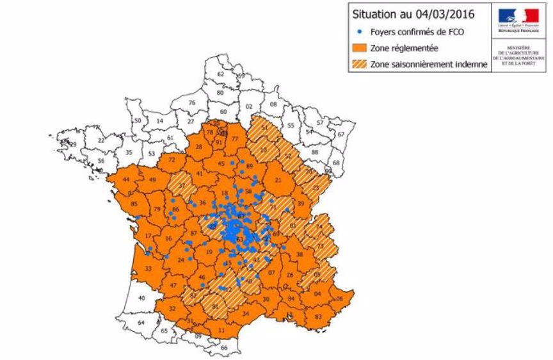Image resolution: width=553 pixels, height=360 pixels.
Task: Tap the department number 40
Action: click(141, 298)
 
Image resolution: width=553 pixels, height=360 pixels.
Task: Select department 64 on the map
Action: click(141, 323)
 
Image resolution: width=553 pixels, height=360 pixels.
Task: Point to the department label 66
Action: click(223, 347)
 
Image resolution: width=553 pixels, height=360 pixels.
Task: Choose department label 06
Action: click(340, 299)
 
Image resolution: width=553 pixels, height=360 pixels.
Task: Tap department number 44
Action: click(125, 181)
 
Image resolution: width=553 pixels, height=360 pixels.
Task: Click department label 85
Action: click(134, 204)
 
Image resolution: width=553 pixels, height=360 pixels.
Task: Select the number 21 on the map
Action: click(278, 181)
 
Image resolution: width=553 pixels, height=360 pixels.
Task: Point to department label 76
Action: click(191, 102)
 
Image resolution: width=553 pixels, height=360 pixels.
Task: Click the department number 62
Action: click(221, 74)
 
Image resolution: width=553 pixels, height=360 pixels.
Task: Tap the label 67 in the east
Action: click(341, 135)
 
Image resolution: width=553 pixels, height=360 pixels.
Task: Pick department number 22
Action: click(101, 139)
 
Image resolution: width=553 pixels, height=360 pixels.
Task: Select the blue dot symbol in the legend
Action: click(360, 31)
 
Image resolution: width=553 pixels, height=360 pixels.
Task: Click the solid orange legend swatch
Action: click(360, 47)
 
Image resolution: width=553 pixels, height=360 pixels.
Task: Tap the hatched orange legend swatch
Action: click(360, 64)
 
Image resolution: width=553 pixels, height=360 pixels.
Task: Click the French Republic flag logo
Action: click(522, 15)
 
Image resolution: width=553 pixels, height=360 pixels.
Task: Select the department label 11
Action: click(223, 330)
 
